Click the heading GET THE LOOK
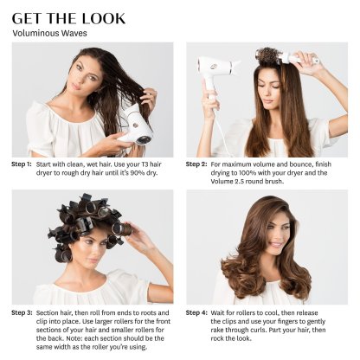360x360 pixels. coord(68,18)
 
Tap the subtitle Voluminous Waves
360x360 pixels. coord(49,33)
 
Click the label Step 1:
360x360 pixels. coord(22,164)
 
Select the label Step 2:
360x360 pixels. coord(196,164)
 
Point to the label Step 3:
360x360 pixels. coord(22,312)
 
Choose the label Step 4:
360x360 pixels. coord(196,312)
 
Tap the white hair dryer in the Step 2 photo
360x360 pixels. coord(215,75)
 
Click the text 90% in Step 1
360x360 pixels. coord(139,173)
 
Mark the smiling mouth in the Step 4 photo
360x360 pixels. coord(275,245)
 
